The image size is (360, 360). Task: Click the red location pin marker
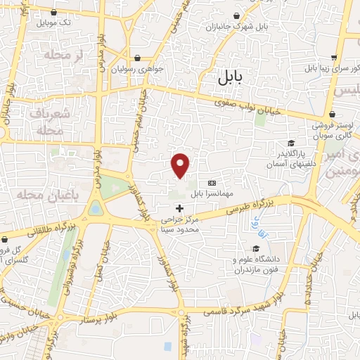pyautogui.click(x=181, y=165)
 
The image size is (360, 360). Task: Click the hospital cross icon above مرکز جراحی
pyautogui.click(x=180, y=208)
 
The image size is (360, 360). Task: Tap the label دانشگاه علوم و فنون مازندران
pyautogui.click(x=257, y=265)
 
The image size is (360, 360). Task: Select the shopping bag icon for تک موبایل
pyautogui.click(x=55, y=12)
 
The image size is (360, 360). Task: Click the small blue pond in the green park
pyautogui.click(x=95, y=208)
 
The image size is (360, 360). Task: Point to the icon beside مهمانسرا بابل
pyautogui.click(x=212, y=182)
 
